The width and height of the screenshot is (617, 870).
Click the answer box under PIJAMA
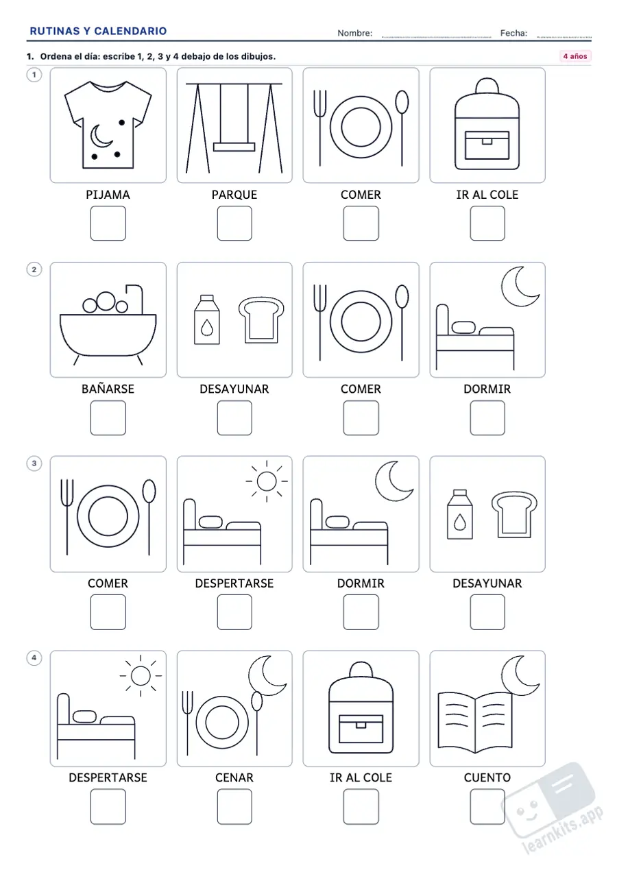click(108, 223)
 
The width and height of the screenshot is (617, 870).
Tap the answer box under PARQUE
click(234, 223)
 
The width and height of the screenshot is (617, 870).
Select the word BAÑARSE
click(108, 389)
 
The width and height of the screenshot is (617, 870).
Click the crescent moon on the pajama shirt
click(100, 136)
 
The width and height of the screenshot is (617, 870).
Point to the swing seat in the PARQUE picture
click(234, 147)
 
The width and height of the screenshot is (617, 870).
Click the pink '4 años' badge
click(575, 56)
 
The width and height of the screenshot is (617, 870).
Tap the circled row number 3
click(34, 463)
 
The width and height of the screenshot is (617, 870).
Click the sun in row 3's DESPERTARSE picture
click(267, 481)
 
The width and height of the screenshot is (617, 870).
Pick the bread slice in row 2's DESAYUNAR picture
click(261, 320)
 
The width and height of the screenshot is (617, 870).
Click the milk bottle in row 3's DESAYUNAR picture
click(460, 514)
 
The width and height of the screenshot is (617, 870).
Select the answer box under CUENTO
click(487, 806)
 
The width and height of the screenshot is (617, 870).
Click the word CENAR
click(234, 777)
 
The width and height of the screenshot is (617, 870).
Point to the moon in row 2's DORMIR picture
click(519, 287)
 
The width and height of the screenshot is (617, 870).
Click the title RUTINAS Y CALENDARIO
click(98, 31)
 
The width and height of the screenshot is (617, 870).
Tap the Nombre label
click(355, 34)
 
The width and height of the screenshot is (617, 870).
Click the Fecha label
click(513, 34)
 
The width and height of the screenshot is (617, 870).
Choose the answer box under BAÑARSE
click(108, 418)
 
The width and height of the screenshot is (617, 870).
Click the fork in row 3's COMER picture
click(66, 516)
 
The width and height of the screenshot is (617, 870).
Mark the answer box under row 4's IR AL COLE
click(361, 806)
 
